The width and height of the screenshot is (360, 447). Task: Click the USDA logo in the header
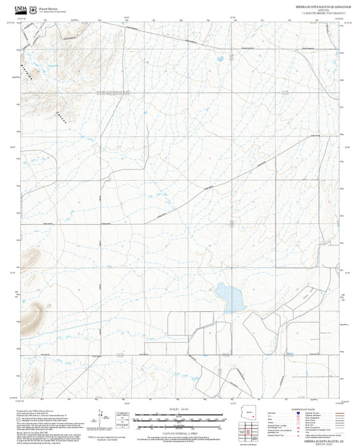(x=20, y=5)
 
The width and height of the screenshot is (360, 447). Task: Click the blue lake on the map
(x=228, y=294)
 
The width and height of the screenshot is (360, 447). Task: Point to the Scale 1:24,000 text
(x=180, y=408)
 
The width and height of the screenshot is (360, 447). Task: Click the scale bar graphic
(x=180, y=419)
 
